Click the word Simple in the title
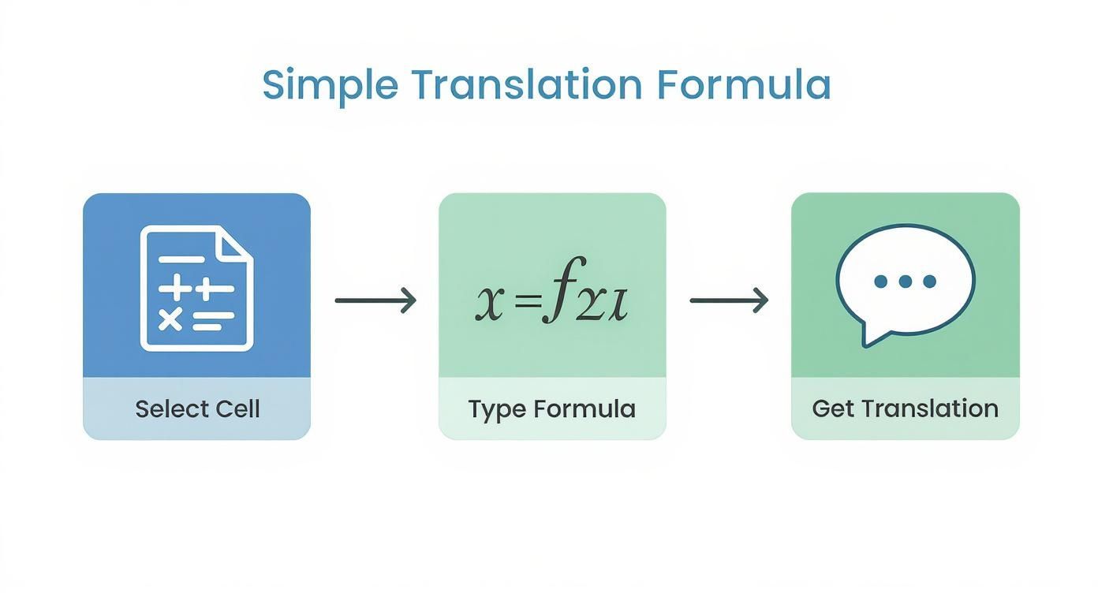(330, 85)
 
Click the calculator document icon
(196, 288)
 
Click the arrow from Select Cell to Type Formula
(375, 300)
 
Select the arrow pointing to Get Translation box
(729, 300)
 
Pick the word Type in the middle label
(496, 408)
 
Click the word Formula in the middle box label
(584, 408)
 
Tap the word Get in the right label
(833, 408)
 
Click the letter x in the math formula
(488, 304)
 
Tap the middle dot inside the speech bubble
(905, 281)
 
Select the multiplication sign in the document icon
(170, 319)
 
